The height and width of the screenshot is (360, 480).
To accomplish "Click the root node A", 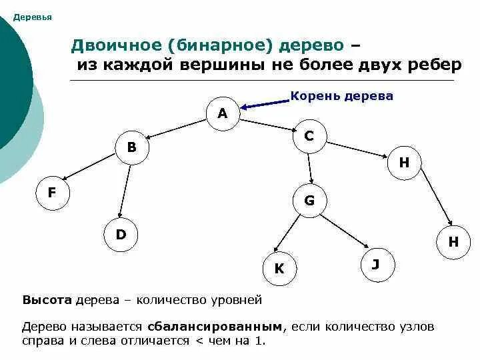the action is (223, 113).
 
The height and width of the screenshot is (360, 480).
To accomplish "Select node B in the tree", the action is (131, 147).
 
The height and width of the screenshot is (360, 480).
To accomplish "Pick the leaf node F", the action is (51, 193).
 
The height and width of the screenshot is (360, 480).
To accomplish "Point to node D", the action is (121, 234).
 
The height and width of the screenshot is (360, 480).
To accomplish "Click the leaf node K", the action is (279, 269).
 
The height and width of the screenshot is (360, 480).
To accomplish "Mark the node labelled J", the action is (375, 265).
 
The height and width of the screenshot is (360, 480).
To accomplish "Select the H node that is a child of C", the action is (404, 163).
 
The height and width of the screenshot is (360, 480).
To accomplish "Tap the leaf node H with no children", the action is (453, 242).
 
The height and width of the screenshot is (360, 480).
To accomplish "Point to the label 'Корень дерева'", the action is (342, 96).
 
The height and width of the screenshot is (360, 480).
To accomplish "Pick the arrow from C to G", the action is (309, 168).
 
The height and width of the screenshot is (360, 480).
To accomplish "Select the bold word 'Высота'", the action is (47, 300).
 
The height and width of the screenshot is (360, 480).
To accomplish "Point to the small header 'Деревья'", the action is (33, 17).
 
